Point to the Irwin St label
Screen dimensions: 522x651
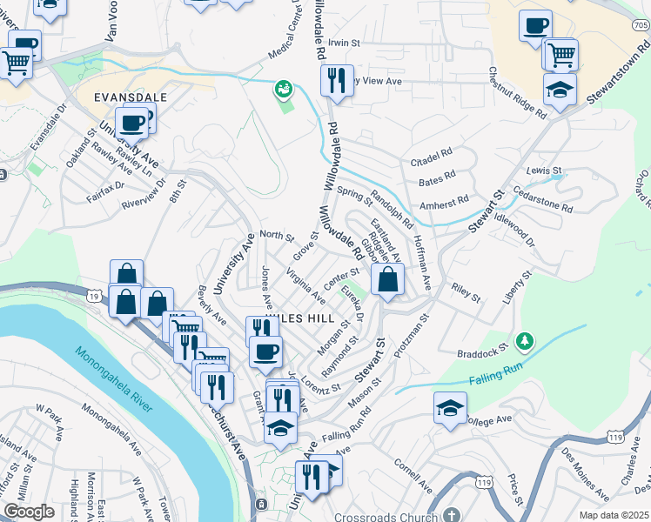344,42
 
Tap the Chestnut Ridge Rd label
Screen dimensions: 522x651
517,94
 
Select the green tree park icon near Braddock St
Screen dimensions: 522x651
524,338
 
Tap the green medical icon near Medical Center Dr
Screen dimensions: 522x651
284,88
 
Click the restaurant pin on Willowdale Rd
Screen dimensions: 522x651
336,80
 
